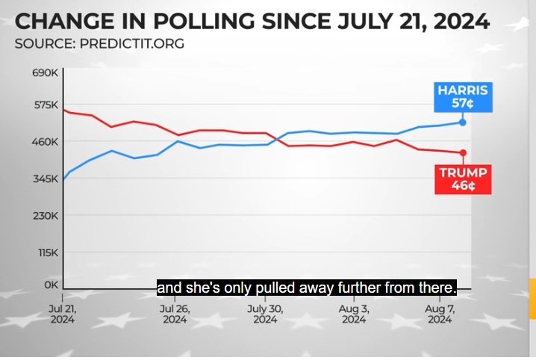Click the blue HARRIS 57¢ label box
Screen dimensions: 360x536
463,98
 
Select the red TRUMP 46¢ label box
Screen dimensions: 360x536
463,179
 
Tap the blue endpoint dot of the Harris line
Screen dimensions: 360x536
463,122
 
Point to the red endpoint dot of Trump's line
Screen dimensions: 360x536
463,153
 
